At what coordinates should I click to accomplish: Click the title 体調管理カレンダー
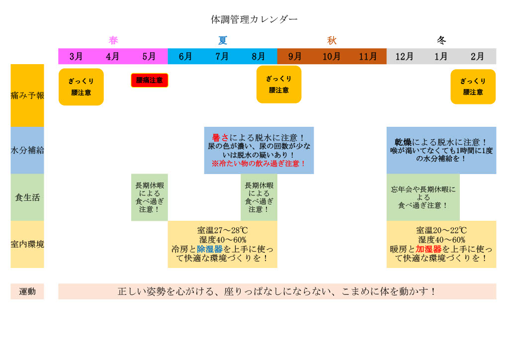coord(254,19)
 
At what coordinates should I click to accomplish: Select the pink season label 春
coord(113,40)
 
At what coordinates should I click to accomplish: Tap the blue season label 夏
coord(222,40)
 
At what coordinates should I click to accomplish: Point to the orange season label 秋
coord(332,40)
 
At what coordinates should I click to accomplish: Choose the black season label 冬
coord(441,40)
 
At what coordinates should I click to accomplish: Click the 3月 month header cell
coord(76,56)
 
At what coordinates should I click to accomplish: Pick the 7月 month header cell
coord(222,56)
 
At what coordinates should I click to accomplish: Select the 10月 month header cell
coord(332,56)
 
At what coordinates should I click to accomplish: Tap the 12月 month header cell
coord(405,56)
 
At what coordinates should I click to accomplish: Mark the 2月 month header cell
coord(478,56)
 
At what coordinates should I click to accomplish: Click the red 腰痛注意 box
coord(150,80)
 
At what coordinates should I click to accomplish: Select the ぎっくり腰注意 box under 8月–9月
coord(279,85)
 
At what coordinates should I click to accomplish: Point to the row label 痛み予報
coord(27,95)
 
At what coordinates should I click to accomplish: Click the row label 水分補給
coord(27,150)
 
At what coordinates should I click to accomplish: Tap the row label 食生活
coord(27,197)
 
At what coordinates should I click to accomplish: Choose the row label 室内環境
coord(27,244)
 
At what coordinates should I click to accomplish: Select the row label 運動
coord(27,291)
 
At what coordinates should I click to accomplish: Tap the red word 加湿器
coord(428,249)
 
